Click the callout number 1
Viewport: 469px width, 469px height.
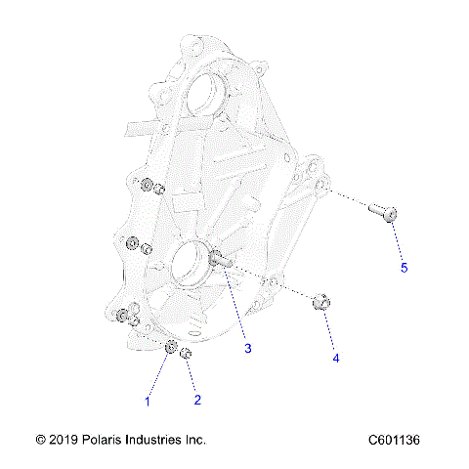tap(149, 401)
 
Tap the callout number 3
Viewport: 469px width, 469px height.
tap(248, 348)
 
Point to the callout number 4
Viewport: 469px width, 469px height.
tap(336, 359)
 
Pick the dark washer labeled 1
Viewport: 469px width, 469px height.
tap(170, 349)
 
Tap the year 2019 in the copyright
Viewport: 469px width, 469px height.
tap(63, 441)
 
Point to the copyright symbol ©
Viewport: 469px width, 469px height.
tap(40, 441)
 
